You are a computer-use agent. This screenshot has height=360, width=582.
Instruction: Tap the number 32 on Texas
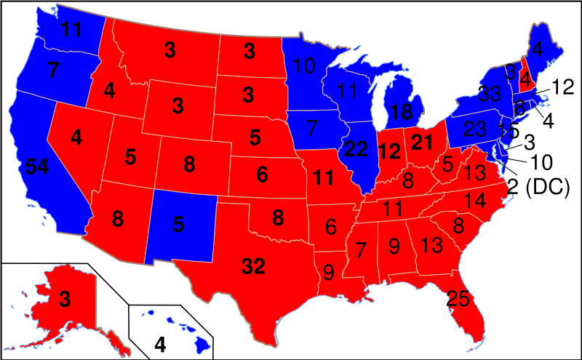pyautogui.click(x=253, y=267)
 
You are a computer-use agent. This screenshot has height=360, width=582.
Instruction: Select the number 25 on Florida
pyautogui.click(x=458, y=297)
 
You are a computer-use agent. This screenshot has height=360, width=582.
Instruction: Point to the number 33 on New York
pyautogui.click(x=490, y=94)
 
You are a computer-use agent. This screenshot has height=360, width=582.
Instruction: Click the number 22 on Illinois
pyautogui.click(x=356, y=149)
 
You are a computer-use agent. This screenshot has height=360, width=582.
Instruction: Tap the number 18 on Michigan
pyautogui.click(x=401, y=112)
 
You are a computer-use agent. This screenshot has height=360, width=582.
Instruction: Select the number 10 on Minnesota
pyautogui.click(x=304, y=67)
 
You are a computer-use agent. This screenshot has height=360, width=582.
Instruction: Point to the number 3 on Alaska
pyautogui.click(x=65, y=298)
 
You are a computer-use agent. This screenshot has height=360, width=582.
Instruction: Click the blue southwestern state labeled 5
pyautogui.click(x=178, y=225)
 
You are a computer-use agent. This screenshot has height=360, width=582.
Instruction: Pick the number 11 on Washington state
pyautogui.click(x=71, y=30)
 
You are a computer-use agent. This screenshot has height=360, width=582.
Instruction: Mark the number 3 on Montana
pyautogui.click(x=170, y=49)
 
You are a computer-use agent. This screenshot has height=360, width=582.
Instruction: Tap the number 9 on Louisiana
pyautogui.click(x=328, y=273)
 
